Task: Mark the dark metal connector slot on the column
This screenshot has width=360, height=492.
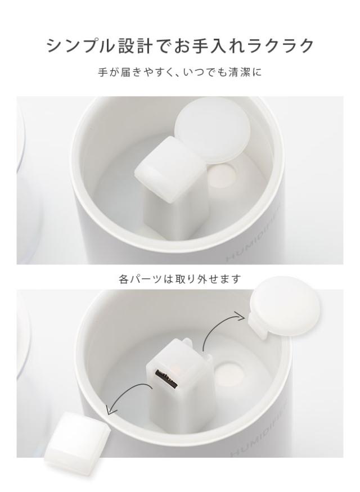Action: point(167,378)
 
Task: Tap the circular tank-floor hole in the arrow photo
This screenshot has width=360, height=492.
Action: point(229,372)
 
